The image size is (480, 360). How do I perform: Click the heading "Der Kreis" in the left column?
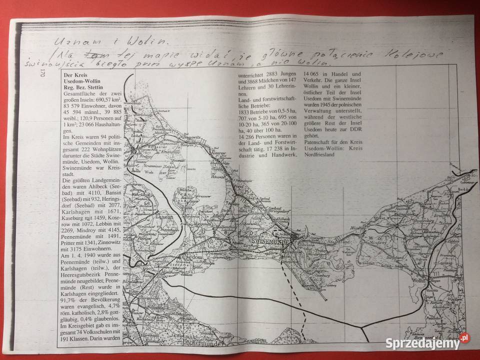point(76,73)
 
